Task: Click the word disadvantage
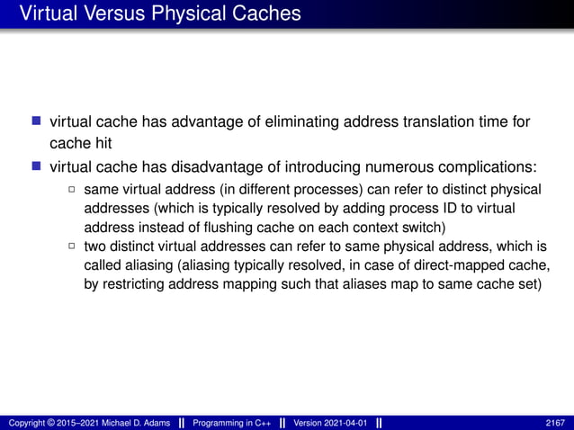[x=220, y=167]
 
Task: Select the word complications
[x=483, y=167]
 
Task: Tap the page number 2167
[x=555, y=421]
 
